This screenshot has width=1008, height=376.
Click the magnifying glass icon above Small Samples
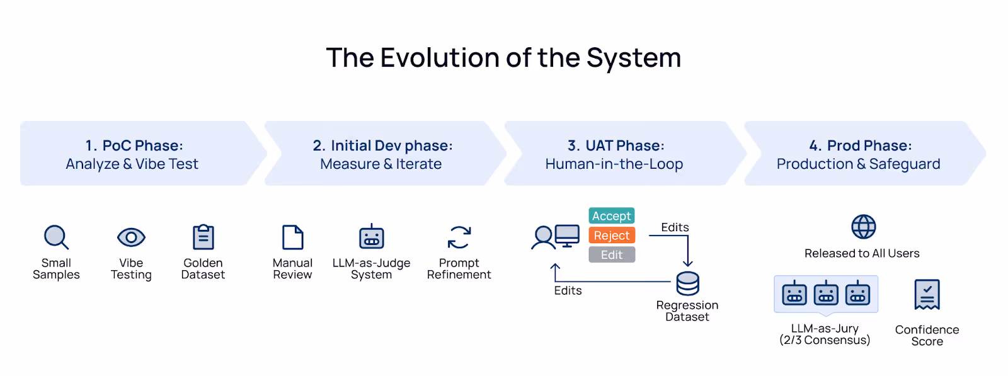coord(56,237)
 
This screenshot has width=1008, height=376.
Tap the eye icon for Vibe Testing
coord(131,237)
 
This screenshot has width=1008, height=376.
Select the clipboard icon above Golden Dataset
coord(203,237)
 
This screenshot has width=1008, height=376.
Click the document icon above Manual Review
coord(293,237)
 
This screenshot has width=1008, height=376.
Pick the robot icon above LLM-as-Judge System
coord(372,237)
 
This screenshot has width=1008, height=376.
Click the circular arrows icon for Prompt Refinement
coord(459,237)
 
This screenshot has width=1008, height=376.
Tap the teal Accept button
coord(612,216)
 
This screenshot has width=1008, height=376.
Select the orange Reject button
coord(612,236)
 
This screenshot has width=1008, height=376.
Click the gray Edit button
coord(612,255)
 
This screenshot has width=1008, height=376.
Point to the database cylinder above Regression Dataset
coord(687,283)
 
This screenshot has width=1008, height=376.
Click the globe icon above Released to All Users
coord(863,227)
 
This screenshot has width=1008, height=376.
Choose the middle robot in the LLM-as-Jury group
coord(826,293)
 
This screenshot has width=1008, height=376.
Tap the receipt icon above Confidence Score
coord(927,295)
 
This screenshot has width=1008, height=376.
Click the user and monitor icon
coord(555,237)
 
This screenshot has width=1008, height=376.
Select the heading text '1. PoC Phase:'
coord(134,145)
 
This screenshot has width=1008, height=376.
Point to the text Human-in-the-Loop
coord(614,164)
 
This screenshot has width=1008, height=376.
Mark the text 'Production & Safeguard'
coord(858,164)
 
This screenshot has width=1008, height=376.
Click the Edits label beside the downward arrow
coord(675,227)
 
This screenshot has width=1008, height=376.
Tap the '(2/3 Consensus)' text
coord(825,341)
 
